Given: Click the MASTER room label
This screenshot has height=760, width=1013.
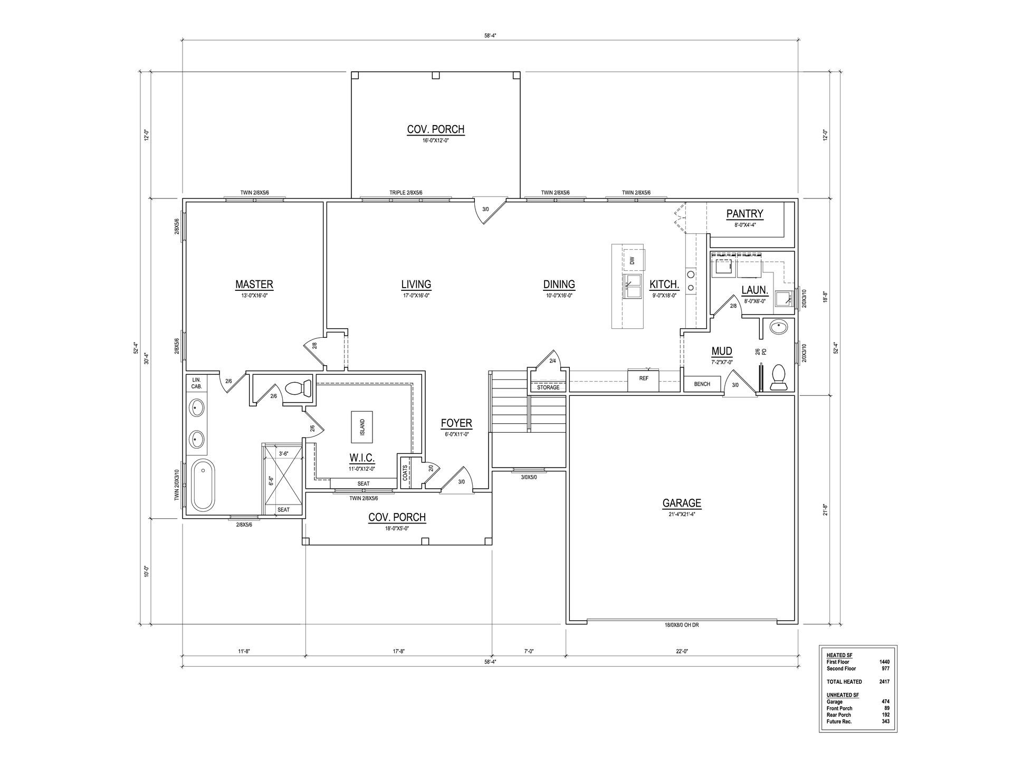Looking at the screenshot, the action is click(254, 284).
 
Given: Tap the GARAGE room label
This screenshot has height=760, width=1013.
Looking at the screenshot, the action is click(682, 503).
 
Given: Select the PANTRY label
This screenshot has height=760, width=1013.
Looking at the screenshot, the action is click(744, 214).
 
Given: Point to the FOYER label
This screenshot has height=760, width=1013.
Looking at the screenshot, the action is click(456, 423).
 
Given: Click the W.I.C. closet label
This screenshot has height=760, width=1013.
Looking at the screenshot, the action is click(361, 458).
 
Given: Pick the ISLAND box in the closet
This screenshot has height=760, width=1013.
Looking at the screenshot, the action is click(362, 427).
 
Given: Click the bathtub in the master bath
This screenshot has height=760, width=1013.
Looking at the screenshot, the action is click(203, 486).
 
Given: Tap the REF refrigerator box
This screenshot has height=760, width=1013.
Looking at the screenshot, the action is click(644, 380).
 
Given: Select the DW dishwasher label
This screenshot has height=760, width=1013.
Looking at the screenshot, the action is click(632, 260).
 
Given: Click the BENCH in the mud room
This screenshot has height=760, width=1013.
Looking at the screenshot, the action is click(702, 384).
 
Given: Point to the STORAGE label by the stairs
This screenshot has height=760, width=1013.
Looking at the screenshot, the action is click(548, 387).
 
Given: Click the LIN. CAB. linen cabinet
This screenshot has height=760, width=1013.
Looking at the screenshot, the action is click(197, 383).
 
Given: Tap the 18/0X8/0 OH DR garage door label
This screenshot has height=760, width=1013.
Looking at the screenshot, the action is click(682, 625).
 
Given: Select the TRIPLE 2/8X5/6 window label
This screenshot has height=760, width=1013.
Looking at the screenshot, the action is click(406, 193).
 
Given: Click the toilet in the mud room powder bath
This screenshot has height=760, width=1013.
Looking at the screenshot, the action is click(778, 377).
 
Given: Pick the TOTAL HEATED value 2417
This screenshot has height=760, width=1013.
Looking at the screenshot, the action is click(884, 681).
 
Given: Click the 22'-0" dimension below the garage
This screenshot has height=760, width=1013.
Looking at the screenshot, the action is click(682, 651).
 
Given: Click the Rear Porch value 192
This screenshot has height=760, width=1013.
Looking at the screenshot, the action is click(885, 715).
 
